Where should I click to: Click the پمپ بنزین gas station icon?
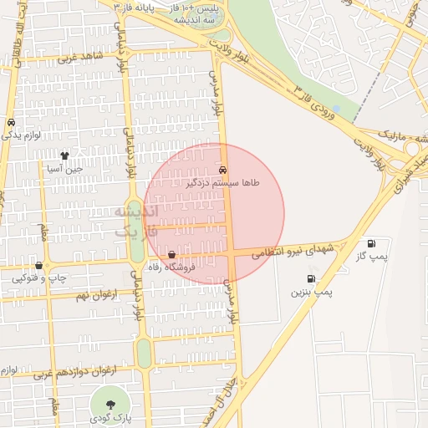click(312, 278)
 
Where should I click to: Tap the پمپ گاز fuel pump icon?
click(370, 244)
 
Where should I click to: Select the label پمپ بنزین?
click(312, 293)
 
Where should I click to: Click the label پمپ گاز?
click(370, 257)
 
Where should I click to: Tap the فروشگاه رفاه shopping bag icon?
click(171, 254)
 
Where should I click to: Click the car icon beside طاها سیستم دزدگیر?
click(222, 169)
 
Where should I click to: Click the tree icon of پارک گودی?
click(111, 404)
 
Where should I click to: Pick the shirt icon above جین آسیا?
click(64, 155)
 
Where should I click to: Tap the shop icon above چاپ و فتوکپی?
click(38, 265)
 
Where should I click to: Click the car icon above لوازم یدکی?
click(10, 122)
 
